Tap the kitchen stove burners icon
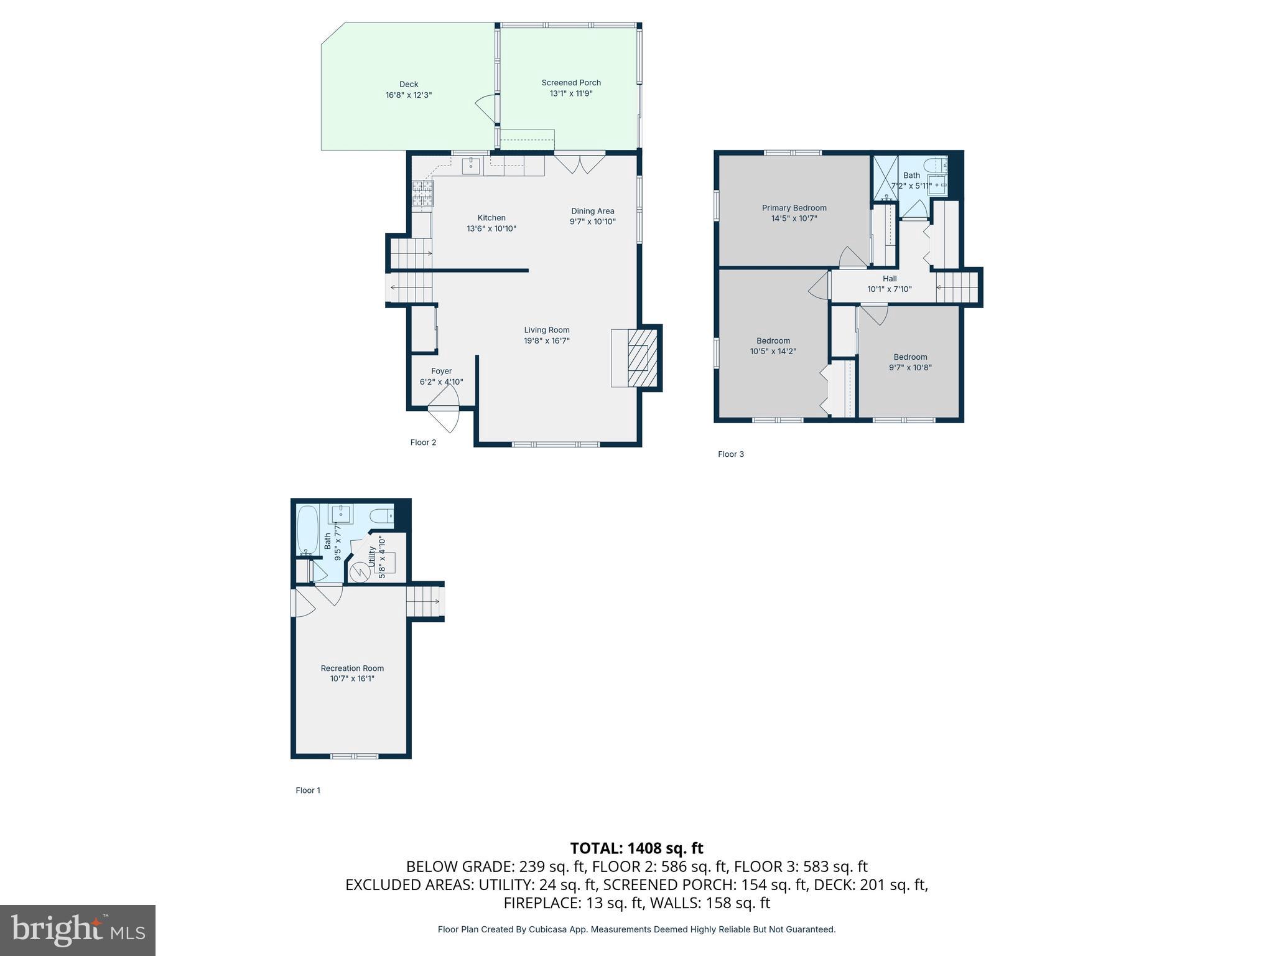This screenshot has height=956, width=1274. [x=422, y=194]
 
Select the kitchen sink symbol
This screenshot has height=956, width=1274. [x=471, y=166]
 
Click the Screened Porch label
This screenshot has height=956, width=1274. [x=571, y=83]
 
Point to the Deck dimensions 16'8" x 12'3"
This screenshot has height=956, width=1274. [x=409, y=95]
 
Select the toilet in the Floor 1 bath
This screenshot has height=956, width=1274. [x=381, y=515]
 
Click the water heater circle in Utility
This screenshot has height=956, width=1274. [x=359, y=572]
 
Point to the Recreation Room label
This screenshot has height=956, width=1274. [x=352, y=668]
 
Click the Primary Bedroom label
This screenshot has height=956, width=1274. [x=794, y=208]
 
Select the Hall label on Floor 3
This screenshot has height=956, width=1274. [x=890, y=279]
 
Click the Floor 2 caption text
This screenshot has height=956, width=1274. [x=423, y=443]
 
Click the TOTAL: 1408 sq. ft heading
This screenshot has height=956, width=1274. [x=636, y=848]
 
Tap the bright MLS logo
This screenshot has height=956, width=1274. [x=78, y=930]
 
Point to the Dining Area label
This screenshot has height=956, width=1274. [x=593, y=211]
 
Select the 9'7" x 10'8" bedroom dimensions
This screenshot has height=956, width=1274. [x=910, y=367]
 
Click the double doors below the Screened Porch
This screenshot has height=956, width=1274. [x=580, y=163]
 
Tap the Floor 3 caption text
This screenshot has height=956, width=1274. [x=731, y=454]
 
